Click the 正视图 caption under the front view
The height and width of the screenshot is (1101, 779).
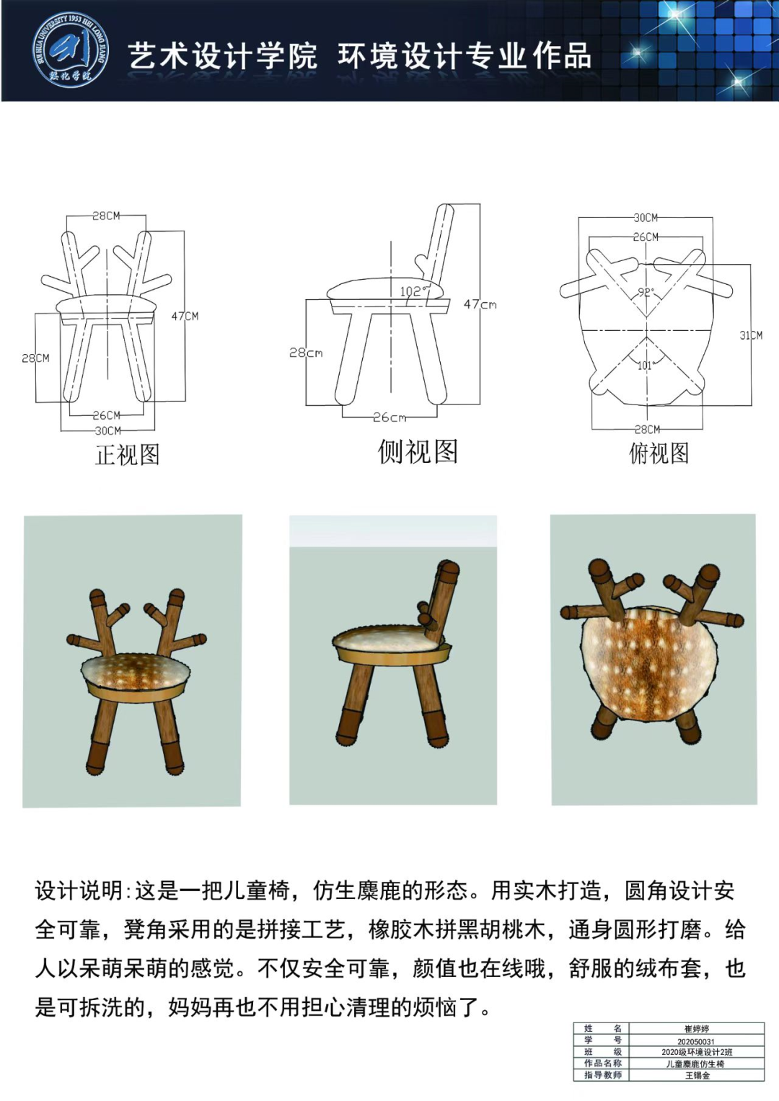tap(128, 455)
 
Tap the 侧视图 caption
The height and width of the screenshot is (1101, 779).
tap(418, 451)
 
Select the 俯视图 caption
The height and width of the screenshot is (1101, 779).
tap(659, 453)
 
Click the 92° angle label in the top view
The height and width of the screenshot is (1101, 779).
tap(646, 293)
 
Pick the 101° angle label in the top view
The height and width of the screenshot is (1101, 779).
tap(645, 366)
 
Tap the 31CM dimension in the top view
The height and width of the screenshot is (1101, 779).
tap(751, 335)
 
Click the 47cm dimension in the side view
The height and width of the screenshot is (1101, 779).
tap(480, 305)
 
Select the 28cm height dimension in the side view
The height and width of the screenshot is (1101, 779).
tap(306, 353)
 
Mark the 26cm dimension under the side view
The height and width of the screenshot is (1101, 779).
tap(389, 417)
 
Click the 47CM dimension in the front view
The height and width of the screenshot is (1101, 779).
tap(185, 316)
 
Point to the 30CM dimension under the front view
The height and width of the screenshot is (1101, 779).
tap(107, 430)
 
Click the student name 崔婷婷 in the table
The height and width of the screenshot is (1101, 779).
tap(697, 1029)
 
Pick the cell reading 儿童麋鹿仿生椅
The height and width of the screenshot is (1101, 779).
tap(695, 1064)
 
